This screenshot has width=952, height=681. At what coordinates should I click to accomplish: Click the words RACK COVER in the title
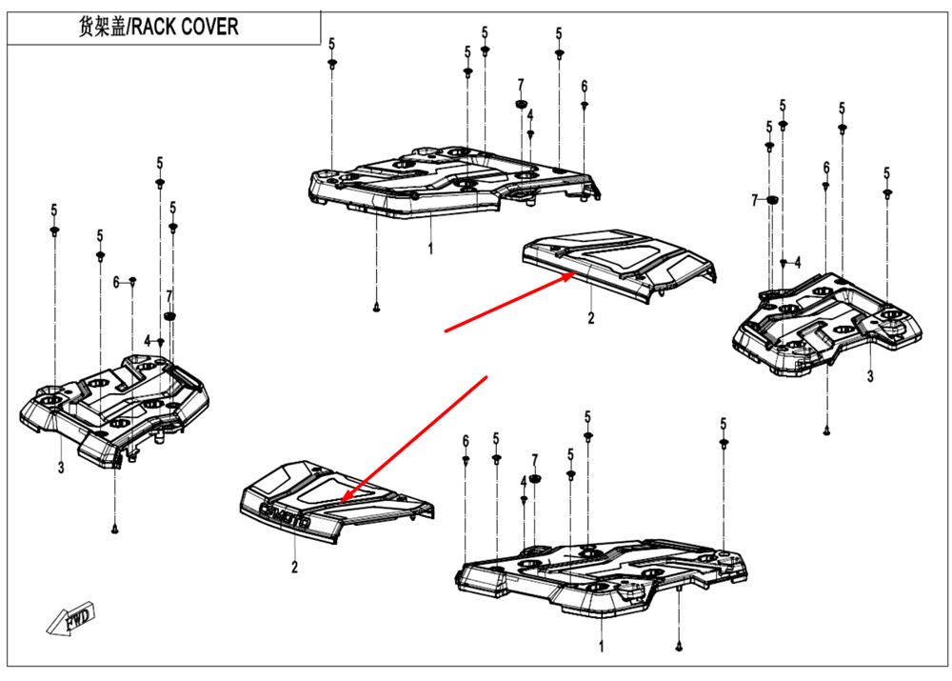tap(185, 26)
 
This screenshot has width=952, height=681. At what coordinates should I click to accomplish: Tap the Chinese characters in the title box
tap(102, 26)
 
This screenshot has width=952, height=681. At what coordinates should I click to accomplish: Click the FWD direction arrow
tap(73, 618)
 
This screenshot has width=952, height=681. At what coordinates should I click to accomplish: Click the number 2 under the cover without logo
tap(590, 318)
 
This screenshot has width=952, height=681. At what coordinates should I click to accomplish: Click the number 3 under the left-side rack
tap(60, 467)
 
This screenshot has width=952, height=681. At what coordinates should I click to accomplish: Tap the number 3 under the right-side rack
tap(869, 377)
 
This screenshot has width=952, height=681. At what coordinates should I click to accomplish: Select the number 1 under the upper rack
tap(430, 250)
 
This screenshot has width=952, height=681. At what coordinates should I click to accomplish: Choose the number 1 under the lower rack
tap(601, 646)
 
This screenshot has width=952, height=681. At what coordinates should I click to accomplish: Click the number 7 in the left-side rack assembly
tap(169, 295)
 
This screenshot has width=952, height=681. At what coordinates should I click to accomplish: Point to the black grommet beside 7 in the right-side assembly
tap(773, 199)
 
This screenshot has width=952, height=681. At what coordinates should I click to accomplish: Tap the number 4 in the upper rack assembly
tap(530, 115)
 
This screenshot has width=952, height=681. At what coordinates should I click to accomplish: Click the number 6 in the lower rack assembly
tap(466, 440)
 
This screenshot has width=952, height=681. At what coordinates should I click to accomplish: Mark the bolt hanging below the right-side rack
tap(827, 431)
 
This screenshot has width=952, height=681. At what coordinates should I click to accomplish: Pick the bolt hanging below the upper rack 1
tap(377, 307)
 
